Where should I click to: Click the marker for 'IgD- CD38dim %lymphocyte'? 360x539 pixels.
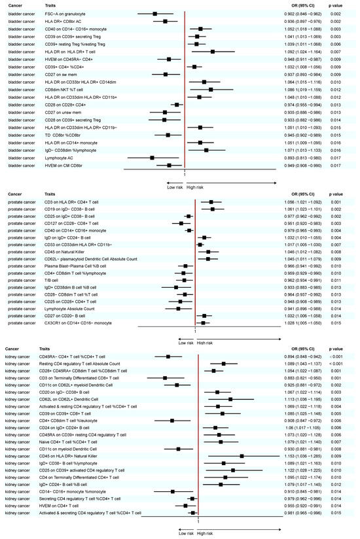[x=206, y=150]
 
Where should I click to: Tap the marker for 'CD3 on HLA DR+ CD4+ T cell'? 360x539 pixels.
[x=211, y=203]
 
